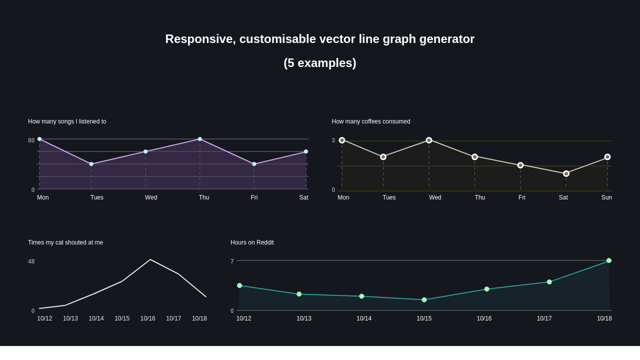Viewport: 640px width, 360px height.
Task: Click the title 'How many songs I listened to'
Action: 67,121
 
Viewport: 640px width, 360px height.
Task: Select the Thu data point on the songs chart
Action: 200,139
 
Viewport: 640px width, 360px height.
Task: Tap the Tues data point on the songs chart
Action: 91,164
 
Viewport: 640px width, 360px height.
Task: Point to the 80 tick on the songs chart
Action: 31,140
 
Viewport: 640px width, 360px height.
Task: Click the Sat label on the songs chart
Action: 303,197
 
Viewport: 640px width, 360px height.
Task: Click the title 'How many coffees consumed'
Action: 370,121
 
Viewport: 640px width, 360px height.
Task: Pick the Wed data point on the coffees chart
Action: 429,140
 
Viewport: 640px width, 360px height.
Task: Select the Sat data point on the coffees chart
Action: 566,173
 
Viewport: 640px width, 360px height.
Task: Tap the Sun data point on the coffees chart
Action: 607,157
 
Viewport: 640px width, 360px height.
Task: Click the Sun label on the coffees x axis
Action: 606,197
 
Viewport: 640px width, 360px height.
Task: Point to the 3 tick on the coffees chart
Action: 333,140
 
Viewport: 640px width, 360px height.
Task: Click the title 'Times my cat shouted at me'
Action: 65,242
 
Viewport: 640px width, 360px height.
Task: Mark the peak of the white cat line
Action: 150,259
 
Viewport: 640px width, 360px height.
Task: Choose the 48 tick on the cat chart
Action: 31,261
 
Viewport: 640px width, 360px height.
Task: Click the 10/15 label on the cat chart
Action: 122,318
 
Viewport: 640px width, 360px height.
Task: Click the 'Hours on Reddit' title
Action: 252,242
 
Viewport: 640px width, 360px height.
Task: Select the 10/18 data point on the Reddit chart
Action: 609,260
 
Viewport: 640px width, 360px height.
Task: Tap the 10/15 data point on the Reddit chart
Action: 424,300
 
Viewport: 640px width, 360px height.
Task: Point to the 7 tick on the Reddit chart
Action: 232,261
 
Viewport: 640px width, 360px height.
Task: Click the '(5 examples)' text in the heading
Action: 320,63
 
